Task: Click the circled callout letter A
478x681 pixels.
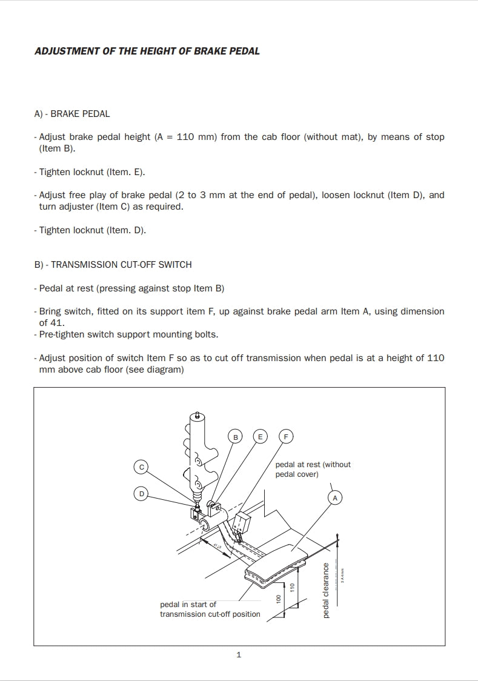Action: coord(334,497)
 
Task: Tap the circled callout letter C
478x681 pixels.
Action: coord(141,467)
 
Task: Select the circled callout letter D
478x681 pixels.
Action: coord(141,494)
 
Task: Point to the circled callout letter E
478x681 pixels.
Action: coord(260,436)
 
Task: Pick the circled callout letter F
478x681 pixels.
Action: coord(286,436)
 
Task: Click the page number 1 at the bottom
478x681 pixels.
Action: coord(239,654)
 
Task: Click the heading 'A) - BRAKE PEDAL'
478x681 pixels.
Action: coord(72,113)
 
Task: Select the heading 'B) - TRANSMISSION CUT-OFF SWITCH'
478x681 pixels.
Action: coord(113,264)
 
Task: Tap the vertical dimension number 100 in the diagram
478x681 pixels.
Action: coord(278,599)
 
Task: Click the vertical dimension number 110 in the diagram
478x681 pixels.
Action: coord(292,587)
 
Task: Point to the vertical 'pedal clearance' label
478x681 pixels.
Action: coord(326,590)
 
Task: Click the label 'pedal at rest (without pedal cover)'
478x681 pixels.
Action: coord(313,469)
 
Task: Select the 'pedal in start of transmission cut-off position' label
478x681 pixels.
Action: coord(210,609)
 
